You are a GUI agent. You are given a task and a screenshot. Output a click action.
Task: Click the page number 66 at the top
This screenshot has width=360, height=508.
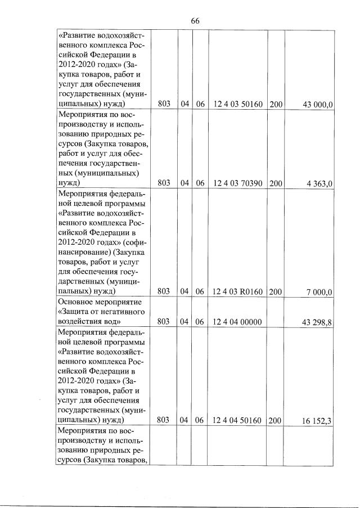click(195, 21)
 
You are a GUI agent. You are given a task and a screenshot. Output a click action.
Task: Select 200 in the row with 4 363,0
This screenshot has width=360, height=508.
click(276, 183)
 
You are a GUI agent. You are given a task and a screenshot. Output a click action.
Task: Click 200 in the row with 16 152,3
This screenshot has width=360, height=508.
click(276, 420)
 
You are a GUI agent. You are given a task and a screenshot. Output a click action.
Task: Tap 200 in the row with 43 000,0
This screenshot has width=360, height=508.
click(276, 105)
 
